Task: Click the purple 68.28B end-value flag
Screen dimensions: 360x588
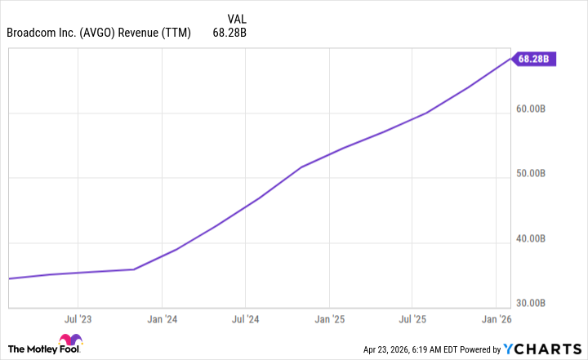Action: pos(536,59)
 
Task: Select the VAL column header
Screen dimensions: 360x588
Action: pos(234,18)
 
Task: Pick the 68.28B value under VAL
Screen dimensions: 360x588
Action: pos(229,33)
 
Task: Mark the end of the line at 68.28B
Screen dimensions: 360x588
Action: pos(511,59)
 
